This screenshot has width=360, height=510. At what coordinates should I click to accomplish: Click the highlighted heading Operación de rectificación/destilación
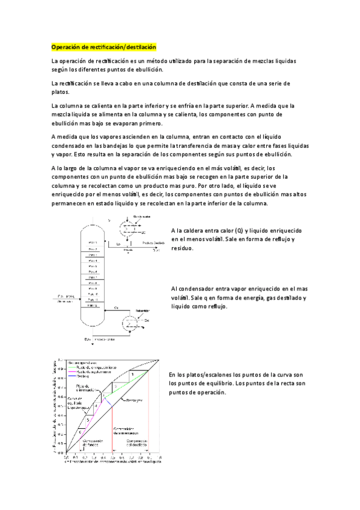tap(103, 47)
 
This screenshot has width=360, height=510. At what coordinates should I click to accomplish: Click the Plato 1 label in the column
tap(93, 242)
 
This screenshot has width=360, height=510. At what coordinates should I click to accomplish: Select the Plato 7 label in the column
tap(93, 277)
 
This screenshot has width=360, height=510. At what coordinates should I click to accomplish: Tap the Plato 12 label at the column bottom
tap(93, 306)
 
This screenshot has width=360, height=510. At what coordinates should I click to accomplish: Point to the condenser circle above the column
tap(128, 229)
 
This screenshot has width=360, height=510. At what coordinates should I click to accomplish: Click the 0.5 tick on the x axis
tap(112, 458)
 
